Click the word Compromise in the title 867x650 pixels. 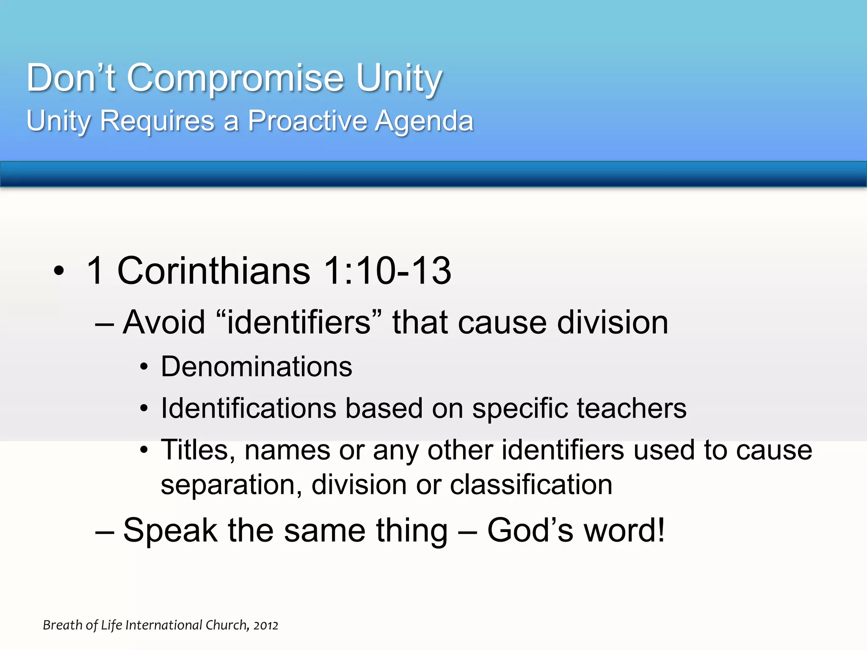235,78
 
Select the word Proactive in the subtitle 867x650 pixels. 307,121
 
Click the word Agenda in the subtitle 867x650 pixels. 424,122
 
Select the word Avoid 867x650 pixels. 164,322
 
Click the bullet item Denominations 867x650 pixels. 257,366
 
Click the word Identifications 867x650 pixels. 249,408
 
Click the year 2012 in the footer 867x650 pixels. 266,625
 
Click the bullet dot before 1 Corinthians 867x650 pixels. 59,271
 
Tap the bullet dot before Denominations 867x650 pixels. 144,367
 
